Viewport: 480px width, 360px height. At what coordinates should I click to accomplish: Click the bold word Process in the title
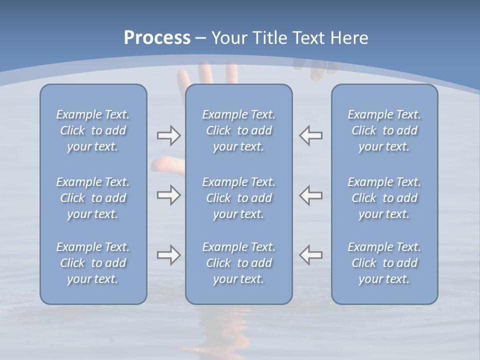(x=157, y=37)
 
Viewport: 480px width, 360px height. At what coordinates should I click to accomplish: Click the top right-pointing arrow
(x=168, y=135)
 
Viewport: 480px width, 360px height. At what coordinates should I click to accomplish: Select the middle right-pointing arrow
(x=168, y=195)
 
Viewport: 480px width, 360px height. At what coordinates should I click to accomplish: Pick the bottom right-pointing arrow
(x=168, y=255)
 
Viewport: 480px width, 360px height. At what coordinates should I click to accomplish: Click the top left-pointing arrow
(x=311, y=135)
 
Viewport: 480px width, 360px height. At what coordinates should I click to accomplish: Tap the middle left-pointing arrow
(x=311, y=195)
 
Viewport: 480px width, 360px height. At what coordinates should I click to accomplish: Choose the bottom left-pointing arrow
(x=311, y=255)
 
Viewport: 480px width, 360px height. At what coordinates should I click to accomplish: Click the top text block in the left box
(x=93, y=130)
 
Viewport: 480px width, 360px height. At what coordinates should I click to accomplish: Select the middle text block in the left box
(x=93, y=198)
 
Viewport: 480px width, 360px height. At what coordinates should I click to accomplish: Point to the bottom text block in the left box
(x=93, y=263)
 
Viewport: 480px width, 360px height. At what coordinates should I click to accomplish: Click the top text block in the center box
(x=239, y=130)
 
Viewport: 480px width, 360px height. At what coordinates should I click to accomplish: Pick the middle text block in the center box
(x=239, y=198)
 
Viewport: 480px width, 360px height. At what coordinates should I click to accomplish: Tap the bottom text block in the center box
(x=239, y=263)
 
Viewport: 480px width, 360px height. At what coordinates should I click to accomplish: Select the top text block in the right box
(x=384, y=130)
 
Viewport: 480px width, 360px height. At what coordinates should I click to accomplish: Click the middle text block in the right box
(x=384, y=198)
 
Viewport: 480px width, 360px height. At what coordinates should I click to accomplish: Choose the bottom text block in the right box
(x=384, y=263)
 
